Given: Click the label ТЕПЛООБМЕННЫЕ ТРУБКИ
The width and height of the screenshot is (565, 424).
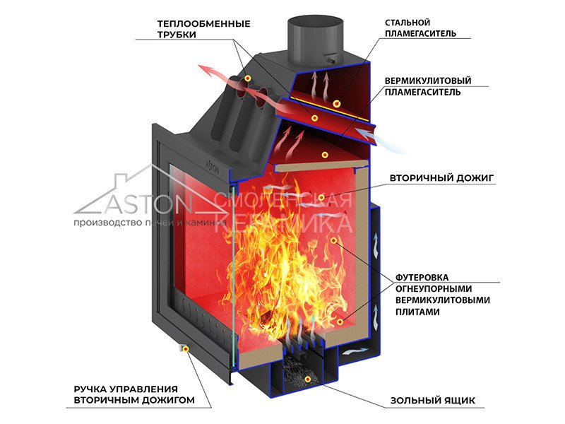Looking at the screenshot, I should click(x=203, y=29).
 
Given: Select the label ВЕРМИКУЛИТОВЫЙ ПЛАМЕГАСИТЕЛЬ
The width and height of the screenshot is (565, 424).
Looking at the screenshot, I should click(x=428, y=86).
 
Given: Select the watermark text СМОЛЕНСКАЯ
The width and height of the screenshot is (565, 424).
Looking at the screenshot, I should click(x=286, y=201).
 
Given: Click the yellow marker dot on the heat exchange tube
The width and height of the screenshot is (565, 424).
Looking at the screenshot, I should click(x=249, y=77).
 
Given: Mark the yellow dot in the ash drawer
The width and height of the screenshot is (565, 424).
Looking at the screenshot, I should click(x=308, y=380).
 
